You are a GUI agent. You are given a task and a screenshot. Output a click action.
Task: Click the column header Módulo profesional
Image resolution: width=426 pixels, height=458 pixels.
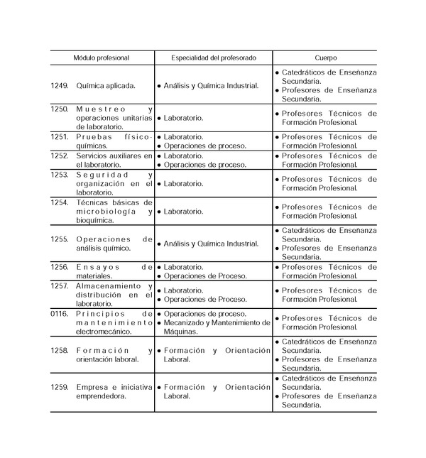102,57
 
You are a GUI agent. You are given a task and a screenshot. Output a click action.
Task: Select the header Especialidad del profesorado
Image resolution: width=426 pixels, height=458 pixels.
214,57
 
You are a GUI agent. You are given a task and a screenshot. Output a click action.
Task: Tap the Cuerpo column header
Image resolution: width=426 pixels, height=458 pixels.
326,57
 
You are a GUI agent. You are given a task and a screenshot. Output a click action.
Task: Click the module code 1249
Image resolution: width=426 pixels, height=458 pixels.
60,85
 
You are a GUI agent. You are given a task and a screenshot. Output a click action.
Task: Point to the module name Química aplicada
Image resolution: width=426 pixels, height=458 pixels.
106,85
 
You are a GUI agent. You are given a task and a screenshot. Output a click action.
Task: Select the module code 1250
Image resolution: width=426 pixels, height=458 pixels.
60,109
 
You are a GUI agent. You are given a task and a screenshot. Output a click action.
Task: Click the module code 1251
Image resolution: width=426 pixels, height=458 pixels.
60,136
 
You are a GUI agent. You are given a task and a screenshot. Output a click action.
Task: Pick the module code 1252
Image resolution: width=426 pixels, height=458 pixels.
60,155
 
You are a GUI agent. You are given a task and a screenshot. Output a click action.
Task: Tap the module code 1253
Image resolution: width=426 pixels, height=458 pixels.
60,174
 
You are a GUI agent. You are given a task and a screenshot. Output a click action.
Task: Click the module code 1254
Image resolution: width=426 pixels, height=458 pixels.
60,202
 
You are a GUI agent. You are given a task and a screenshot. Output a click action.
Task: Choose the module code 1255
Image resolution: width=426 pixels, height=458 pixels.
60,239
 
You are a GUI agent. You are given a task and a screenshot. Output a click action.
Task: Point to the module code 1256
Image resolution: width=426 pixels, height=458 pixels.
60,266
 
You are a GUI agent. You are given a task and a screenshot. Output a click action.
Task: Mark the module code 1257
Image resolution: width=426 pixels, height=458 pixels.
60,285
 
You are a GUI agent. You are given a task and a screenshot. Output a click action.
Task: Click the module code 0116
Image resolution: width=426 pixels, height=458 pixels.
60,313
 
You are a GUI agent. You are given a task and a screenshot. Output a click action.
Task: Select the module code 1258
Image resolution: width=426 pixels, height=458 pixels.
60,350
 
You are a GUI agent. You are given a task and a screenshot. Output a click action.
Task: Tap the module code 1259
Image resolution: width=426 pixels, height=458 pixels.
60,387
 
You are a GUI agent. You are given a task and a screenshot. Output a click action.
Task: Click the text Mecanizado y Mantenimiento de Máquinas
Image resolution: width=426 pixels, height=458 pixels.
214,327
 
